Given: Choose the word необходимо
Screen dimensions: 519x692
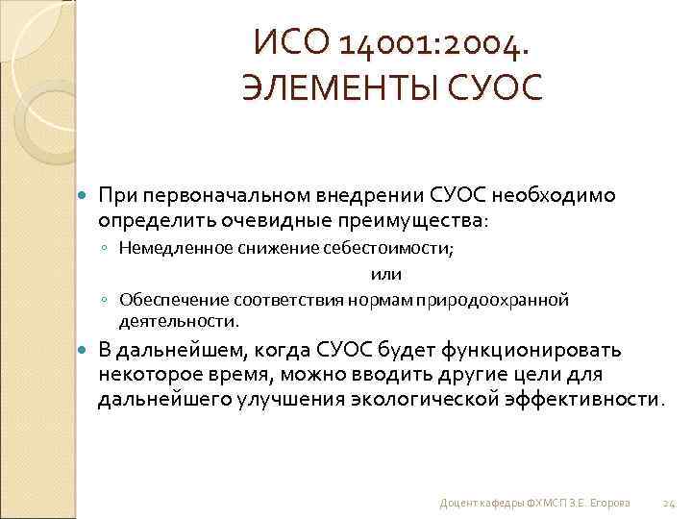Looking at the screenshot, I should click(x=554, y=195).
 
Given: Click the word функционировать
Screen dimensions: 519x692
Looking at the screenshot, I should click(x=540, y=348).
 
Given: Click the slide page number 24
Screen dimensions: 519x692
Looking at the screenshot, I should click(x=670, y=503).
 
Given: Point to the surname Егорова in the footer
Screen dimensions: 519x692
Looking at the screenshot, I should click(x=611, y=503).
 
